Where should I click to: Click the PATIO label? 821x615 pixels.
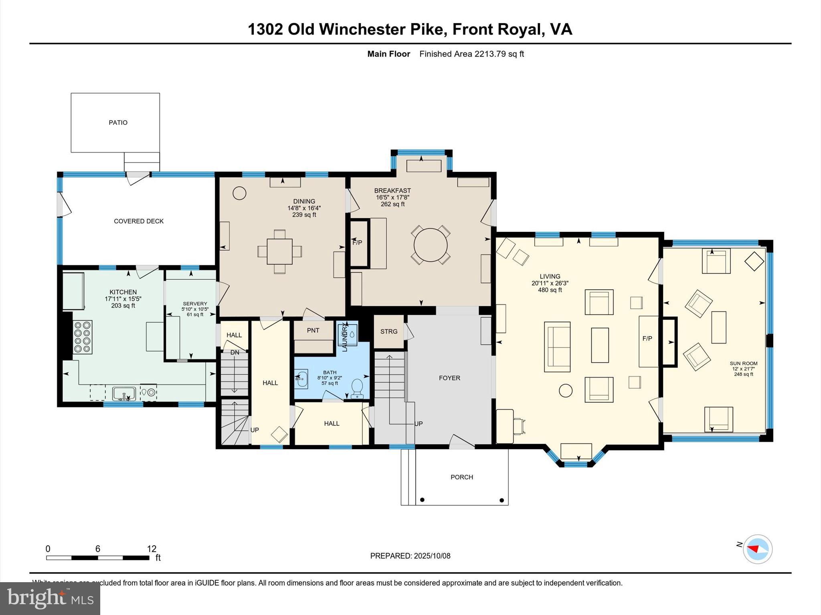[x=118, y=123]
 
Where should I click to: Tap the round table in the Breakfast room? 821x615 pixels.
[x=431, y=245]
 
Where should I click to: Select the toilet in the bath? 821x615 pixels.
[x=356, y=387]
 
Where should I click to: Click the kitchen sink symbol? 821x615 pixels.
[x=124, y=393]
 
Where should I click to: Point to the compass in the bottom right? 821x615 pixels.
[x=757, y=549]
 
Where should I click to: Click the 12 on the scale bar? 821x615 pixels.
[x=152, y=549]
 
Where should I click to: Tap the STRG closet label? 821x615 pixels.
[x=389, y=332]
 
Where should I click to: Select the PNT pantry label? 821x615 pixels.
[x=313, y=330]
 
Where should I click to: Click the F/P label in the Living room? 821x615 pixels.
[x=647, y=338]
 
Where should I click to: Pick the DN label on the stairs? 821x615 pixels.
[x=235, y=352]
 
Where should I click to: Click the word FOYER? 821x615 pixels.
[x=449, y=378]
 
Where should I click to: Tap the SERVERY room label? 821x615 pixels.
[x=195, y=304]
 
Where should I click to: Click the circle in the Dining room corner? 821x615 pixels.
[x=239, y=193]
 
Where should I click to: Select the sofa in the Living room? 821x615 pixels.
[x=557, y=347]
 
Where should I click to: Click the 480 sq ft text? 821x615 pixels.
[x=550, y=290]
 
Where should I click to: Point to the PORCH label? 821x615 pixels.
[x=462, y=477]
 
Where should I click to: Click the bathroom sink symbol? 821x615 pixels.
[x=301, y=378]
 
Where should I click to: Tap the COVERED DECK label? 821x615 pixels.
[x=139, y=221]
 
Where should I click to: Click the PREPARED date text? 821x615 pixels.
[x=410, y=556]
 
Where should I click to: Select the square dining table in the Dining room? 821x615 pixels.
[x=279, y=251]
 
